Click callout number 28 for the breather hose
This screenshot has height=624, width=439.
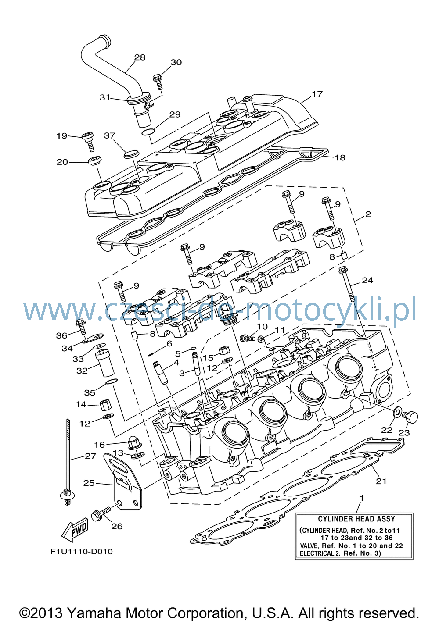click(x=140, y=57)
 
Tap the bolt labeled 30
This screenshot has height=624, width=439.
click(x=158, y=82)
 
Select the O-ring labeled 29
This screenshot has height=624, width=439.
click(x=148, y=132)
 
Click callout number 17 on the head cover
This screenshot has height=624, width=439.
click(x=317, y=94)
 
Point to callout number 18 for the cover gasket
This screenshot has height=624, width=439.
click(x=340, y=158)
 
